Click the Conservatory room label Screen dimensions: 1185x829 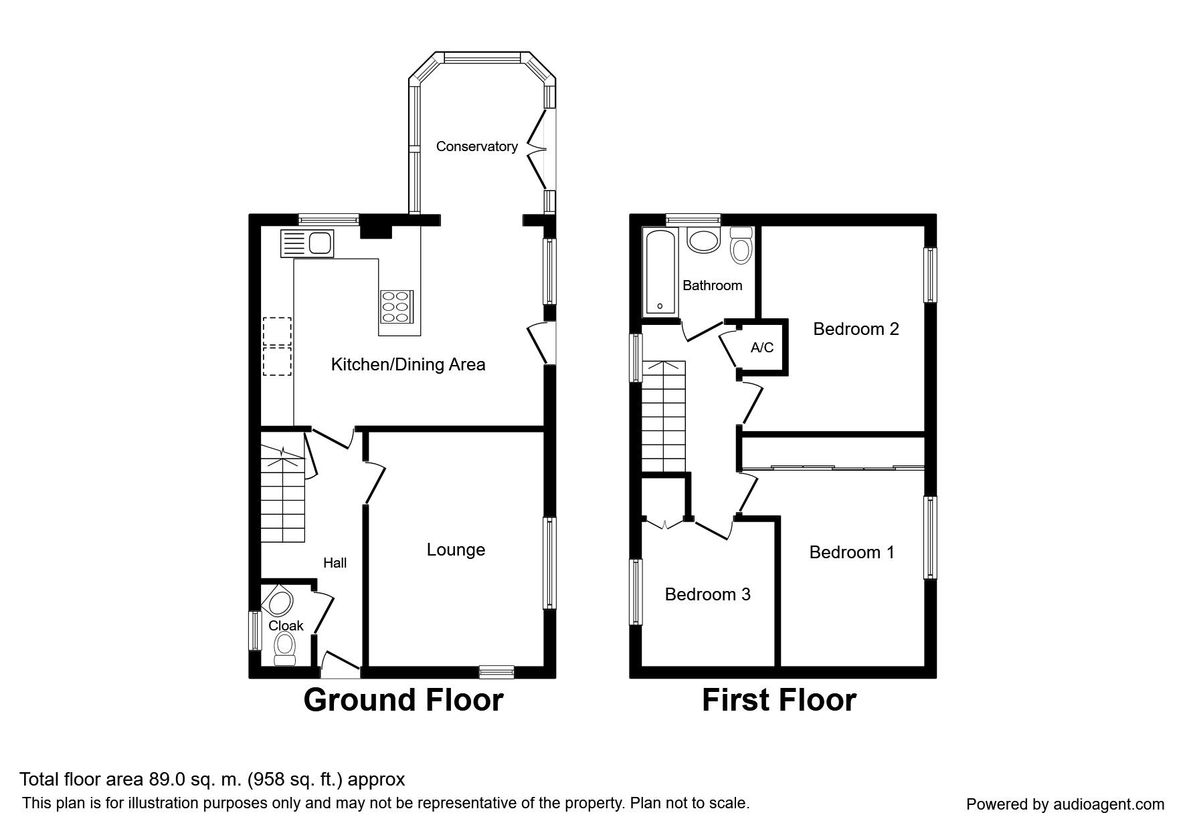pos(476,146)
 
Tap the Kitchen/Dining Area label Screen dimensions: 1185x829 pos(408,364)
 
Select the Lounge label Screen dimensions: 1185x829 pos(456,550)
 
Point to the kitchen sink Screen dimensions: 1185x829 pos(307,243)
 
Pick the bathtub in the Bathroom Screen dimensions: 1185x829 pos(660,273)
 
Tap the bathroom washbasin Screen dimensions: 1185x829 pos(703,241)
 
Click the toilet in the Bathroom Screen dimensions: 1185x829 pos(741,245)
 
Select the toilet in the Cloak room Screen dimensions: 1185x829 pos(286,648)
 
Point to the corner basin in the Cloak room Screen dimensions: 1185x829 pos(276,602)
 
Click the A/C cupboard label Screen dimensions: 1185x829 pos(762,348)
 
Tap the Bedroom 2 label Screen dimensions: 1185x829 pos(856,329)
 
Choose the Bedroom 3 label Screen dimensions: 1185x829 pos(707,594)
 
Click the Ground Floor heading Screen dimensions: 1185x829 pos(403,700)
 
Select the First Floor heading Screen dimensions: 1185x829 pos(779,700)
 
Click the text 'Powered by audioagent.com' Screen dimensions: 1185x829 pos(1065,805)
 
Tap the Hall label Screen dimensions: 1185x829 pos(335,563)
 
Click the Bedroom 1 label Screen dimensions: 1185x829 pos(852,552)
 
